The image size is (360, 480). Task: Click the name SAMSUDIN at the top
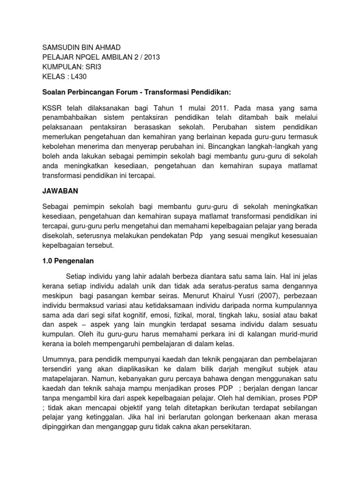pyautogui.click(x=59, y=47)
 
